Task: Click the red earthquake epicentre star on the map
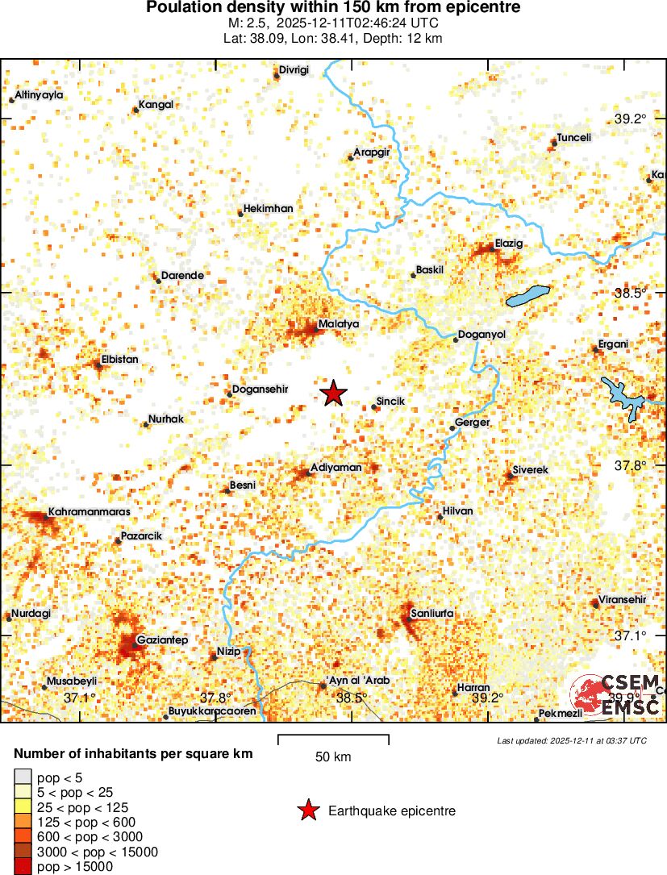click(x=333, y=393)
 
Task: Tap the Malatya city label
click(x=339, y=323)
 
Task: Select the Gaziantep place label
click(x=163, y=640)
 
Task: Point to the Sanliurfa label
click(x=432, y=614)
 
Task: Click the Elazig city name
click(x=509, y=244)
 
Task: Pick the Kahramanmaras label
click(x=89, y=511)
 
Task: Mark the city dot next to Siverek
click(x=509, y=476)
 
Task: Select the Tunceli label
click(x=574, y=138)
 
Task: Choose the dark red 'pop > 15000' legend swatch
click(x=23, y=867)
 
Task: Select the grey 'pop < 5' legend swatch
click(x=23, y=777)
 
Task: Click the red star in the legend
click(x=307, y=811)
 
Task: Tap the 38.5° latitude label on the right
click(x=630, y=294)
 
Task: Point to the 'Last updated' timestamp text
click(x=571, y=740)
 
